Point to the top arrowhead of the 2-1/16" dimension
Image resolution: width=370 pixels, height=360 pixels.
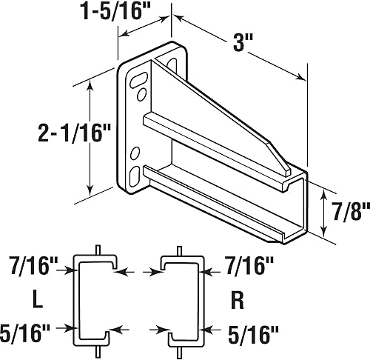click(91, 86)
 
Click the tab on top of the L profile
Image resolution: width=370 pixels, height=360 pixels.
click(98, 250)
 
